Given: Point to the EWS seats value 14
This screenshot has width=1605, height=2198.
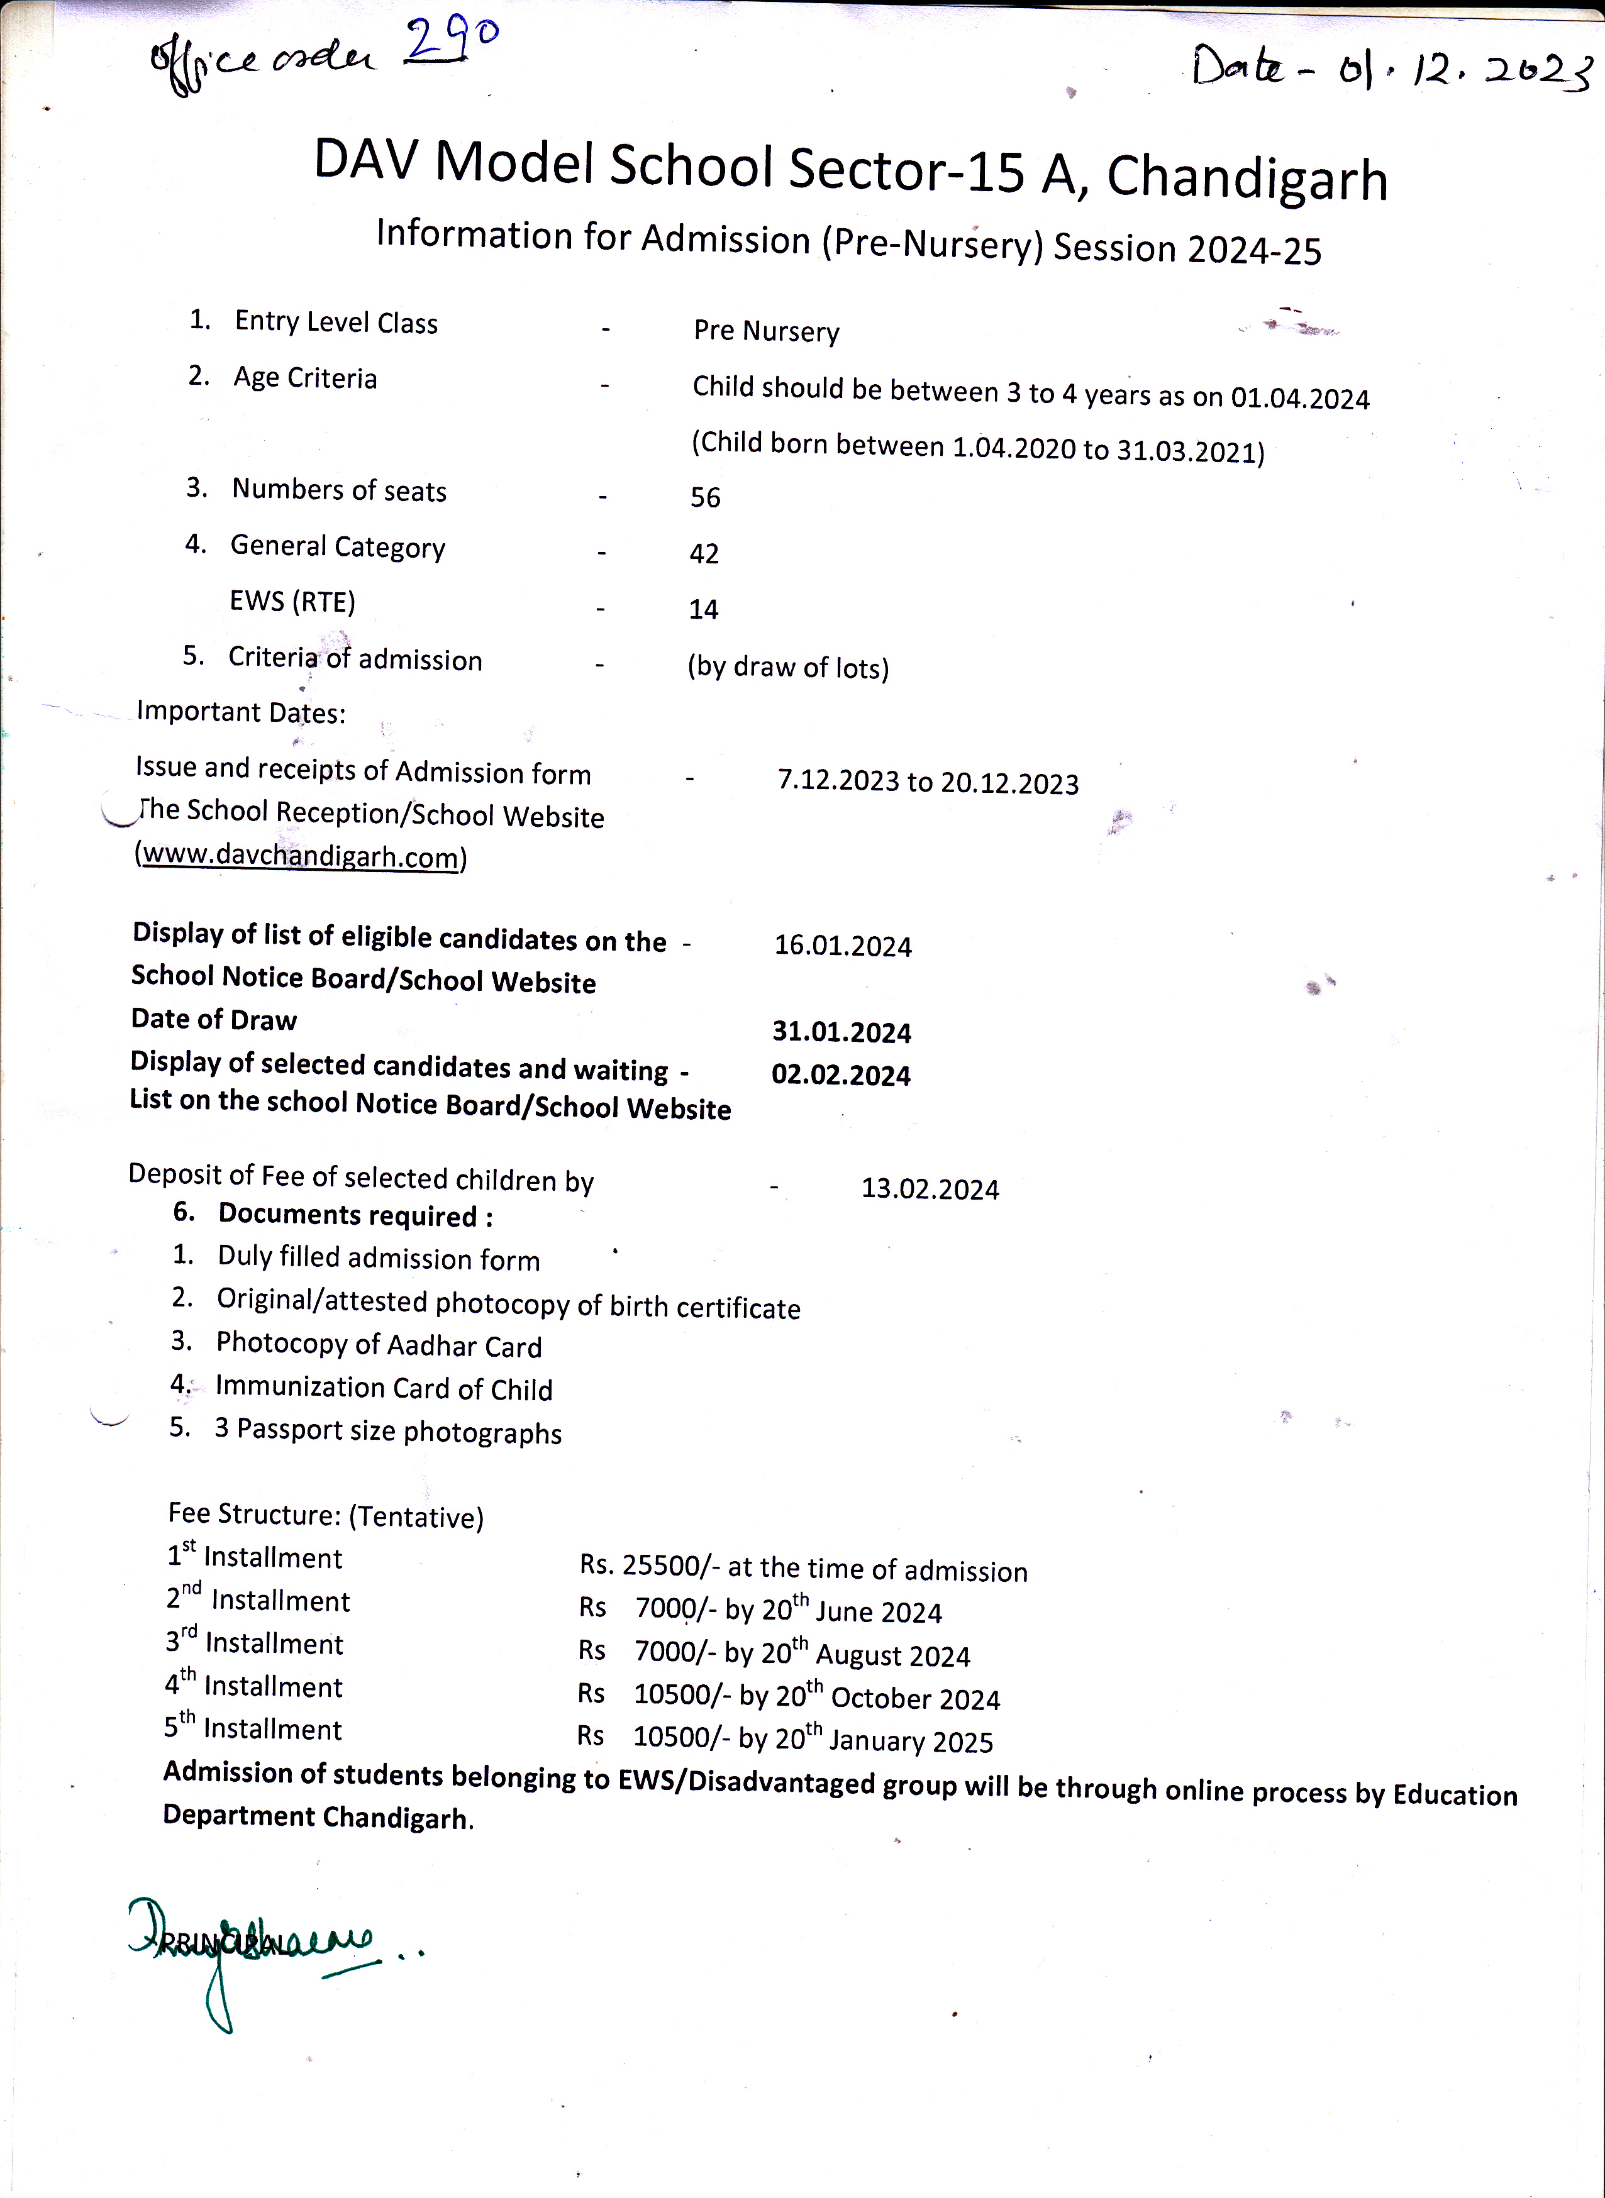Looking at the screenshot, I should click(x=703, y=610).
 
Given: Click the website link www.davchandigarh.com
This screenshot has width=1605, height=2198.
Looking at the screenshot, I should click(x=300, y=857).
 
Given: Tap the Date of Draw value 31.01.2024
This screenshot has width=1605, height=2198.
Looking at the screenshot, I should click(x=841, y=1032).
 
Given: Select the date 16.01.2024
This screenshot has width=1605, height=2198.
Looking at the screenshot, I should click(x=842, y=946).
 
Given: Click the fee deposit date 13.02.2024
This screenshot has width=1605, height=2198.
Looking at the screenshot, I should click(x=930, y=1190).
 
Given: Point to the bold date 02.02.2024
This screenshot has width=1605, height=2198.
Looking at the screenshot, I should click(x=840, y=1075).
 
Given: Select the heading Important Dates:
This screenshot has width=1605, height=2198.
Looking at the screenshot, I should click(x=241, y=712).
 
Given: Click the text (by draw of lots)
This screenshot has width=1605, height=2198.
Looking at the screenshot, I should click(x=788, y=667).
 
